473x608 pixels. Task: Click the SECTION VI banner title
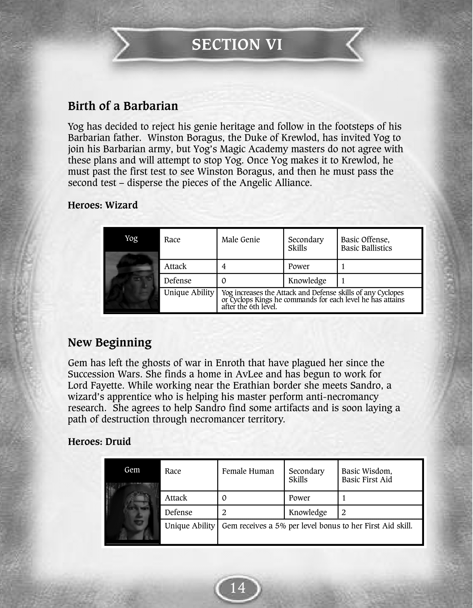pos(237,45)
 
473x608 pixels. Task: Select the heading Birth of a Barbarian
pos(123,106)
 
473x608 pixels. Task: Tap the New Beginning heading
pos(110,343)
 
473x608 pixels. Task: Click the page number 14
pos(238,588)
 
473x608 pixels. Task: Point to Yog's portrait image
pos(132,280)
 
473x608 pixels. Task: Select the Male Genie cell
pos(241,240)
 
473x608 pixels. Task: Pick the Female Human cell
pos(248,471)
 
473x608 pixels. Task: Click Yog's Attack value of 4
pos(224,267)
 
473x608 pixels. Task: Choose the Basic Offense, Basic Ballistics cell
pos(366,244)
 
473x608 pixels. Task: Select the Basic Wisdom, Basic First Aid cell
pos(367,475)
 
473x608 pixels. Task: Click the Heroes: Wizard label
pos(103,205)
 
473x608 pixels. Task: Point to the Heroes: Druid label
pos(99,442)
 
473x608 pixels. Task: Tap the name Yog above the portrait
pos(131,238)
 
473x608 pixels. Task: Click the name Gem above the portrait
pos(132,470)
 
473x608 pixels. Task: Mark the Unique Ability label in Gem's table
pos(190,526)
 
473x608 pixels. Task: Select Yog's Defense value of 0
pos(224,281)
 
